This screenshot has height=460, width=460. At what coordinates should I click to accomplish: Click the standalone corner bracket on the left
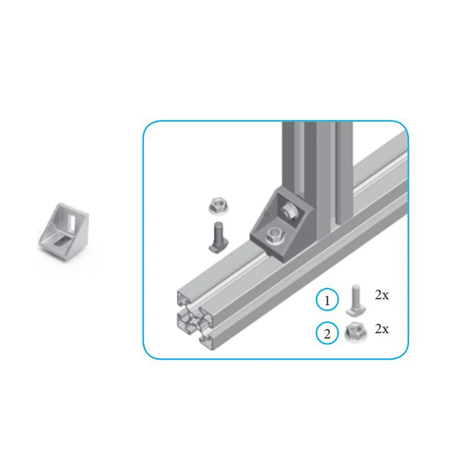[64, 232]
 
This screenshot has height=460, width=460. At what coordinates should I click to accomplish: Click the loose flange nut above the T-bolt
[218, 206]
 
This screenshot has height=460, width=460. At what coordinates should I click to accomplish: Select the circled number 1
[327, 300]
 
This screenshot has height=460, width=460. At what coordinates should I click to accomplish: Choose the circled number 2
[327, 333]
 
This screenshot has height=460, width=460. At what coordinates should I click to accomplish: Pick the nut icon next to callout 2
[356, 333]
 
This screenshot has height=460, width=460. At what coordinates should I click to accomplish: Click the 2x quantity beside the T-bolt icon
[382, 295]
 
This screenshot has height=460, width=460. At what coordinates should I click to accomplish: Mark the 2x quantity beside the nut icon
[382, 329]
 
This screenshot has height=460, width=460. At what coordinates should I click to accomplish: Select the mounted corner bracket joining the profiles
[282, 224]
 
